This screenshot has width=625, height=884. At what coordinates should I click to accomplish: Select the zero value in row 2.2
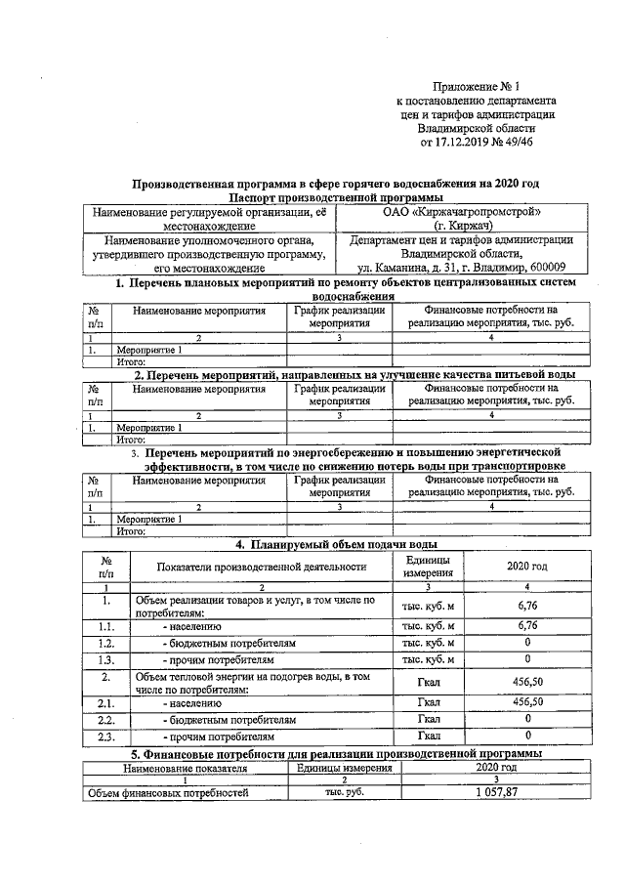pos(527,718)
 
